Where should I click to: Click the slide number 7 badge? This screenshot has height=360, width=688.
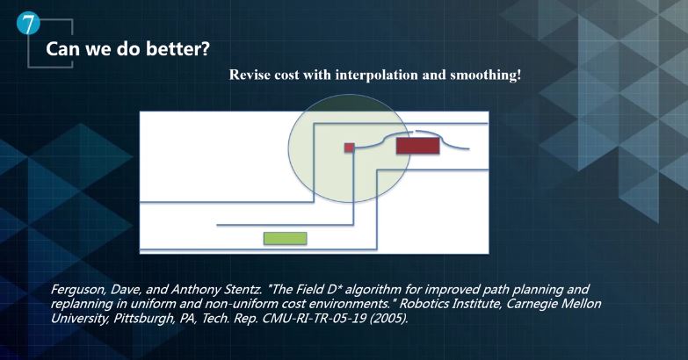28,23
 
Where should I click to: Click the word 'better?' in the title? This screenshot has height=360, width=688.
177,48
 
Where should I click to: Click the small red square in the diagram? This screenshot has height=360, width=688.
349,148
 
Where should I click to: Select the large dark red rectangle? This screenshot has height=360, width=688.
417,146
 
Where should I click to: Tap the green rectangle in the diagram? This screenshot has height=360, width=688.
286,239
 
